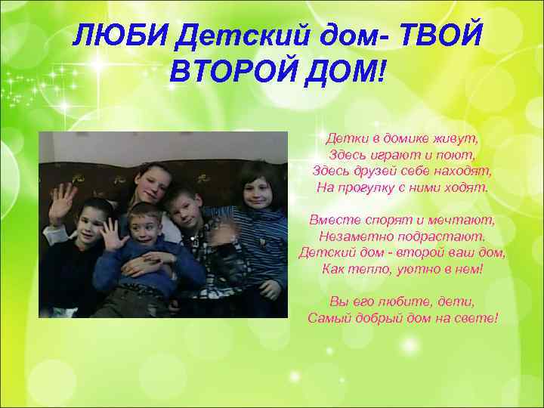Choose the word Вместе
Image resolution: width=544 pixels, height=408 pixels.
(334, 220)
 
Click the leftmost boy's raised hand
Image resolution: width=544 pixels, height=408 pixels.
(62, 202)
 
